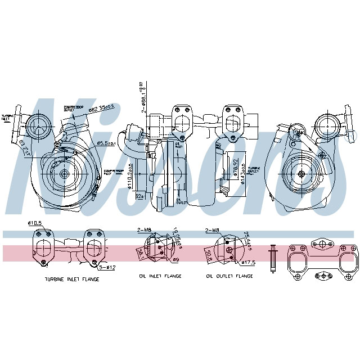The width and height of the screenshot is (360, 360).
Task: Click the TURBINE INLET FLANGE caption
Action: tap(71, 278)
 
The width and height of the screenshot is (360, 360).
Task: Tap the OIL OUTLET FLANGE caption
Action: tap(229, 276)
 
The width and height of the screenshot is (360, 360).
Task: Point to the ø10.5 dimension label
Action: tap(35, 223)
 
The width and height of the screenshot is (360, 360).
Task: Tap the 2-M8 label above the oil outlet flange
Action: tap(213, 229)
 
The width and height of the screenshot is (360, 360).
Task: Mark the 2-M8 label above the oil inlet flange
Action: tap(145, 229)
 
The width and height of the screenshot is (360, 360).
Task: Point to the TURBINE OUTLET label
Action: tap(255, 168)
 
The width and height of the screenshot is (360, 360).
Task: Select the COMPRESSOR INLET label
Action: tap(113, 170)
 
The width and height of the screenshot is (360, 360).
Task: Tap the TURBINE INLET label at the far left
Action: tap(7, 116)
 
